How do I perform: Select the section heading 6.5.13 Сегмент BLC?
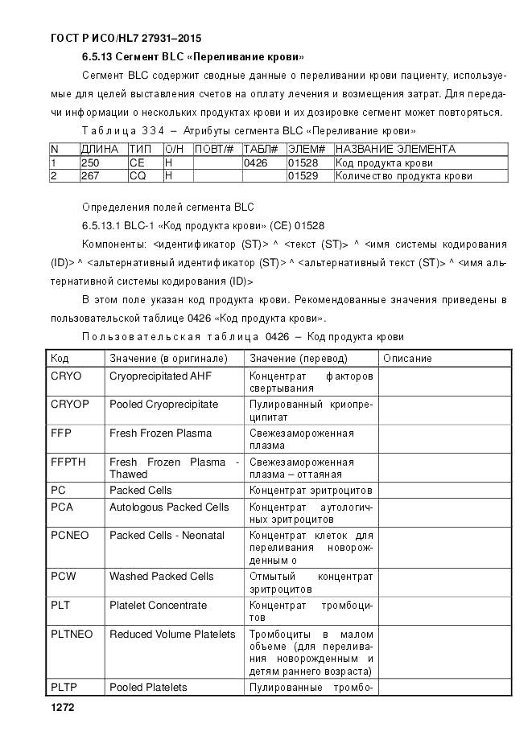coord(192,57)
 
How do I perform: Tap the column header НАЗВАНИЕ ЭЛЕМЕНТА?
coord(395,149)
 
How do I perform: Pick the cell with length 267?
coord(89,175)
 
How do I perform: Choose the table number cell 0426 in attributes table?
coord(255,162)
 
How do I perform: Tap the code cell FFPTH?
coord(68,462)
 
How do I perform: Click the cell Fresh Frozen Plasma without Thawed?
coord(160,433)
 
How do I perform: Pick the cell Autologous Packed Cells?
coord(169,507)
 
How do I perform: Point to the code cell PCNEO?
coord(70,535)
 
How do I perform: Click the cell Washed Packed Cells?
coord(162,576)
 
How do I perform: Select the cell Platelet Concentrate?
coord(158,605)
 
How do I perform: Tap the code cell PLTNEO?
coord(72,634)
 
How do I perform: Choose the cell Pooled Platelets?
coord(148,687)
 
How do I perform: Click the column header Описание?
coord(407,358)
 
